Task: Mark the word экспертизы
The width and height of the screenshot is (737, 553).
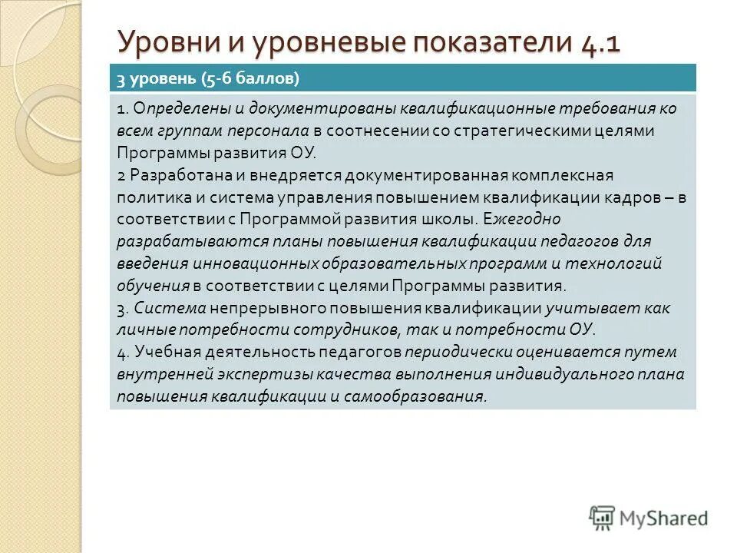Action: tap(250, 375)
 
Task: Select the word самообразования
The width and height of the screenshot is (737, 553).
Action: tap(417, 397)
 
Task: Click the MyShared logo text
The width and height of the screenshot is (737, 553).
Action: tap(665, 518)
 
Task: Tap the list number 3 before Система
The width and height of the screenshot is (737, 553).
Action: tap(121, 309)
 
